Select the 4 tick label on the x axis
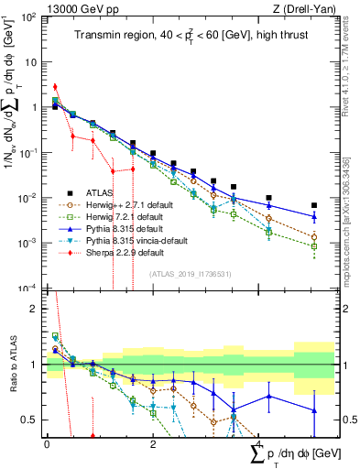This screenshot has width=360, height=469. coord(259,443)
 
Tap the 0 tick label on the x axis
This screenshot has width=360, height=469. coord(47,443)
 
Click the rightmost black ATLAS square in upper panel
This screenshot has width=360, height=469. coord(314,205)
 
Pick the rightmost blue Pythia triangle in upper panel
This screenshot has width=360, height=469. coord(314,217)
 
